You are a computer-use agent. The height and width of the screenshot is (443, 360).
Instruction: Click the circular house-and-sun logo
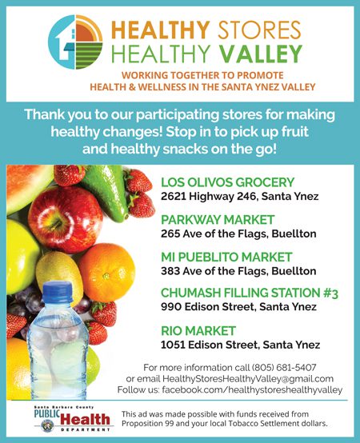pyautogui.click(x=75, y=42)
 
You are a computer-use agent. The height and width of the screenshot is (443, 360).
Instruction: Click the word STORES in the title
pyautogui.click(x=259, y=30)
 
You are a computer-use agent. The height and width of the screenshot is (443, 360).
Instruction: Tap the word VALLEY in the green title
pyautogui.click(x=261, y=54)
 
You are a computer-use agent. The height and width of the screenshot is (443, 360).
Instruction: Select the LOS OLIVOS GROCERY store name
pyautogui.click(x=228, y=182)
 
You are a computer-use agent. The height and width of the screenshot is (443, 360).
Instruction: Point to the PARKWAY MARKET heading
pyautogui.click(x=218, y=220)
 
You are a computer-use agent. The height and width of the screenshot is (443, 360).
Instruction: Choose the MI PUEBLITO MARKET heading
pyautogui.click(x=226, y=257)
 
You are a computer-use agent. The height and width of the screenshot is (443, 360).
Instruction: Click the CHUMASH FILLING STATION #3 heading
pyautogui.click(x=250, y=293)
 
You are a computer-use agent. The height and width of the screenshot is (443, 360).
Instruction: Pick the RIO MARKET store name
pyautogui.click(x=198, y=331)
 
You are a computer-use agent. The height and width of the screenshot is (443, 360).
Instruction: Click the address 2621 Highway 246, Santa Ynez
pyautogui.click(x=240, y=197)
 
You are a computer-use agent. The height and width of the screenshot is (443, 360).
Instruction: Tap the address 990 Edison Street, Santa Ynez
pyautogui.click(x=238, y=307)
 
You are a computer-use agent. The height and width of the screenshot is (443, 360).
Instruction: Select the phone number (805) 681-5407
pyautogui.click(x=284, y=368)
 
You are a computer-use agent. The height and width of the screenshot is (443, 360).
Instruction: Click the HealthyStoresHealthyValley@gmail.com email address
pyautogui.click(x=248, y=378)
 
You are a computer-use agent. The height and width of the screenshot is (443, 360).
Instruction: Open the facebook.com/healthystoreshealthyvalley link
pyautogui.click(x=252, y=390)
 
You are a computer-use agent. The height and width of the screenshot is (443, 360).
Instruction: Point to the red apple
pyautogui.click(x=66, y=219)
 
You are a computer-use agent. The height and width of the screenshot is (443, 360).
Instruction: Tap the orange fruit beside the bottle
pyautogui.click(x=106, y=273)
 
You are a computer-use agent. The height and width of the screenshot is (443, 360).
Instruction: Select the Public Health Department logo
pyautogui.click(x=73, y=419)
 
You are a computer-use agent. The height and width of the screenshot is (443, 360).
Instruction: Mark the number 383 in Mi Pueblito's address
pyautogui.click(x=170, y=271)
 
